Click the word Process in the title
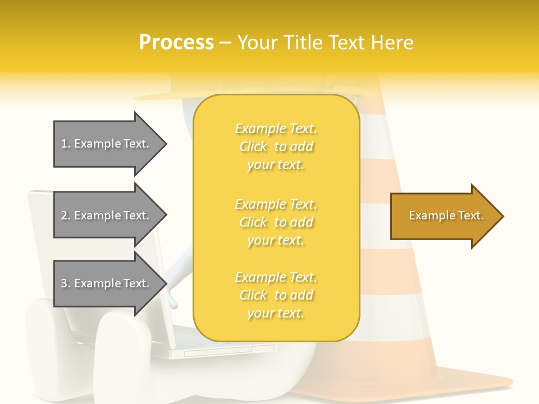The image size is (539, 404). point(176,43)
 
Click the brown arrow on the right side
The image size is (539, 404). point(444,216)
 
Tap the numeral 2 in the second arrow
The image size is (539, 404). point(64,215)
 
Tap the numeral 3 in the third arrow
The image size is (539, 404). point(64,283)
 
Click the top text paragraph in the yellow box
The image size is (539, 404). point(276,146)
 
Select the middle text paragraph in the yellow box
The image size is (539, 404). point(276,222)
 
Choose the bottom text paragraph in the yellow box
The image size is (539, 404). point(276,295)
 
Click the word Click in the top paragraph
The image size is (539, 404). point(253,146)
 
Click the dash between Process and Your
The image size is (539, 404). point(226,43)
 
